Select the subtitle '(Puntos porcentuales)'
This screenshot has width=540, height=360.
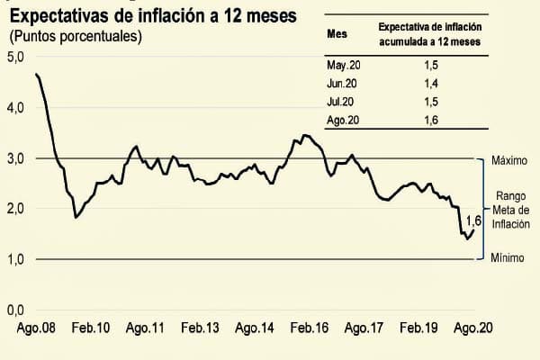tap(76, 37)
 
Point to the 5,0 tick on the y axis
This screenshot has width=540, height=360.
tap(15, 57)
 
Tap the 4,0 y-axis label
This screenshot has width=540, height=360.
tap(15, 108)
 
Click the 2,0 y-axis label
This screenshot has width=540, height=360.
tap(15, 209)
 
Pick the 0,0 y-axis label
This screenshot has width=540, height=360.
tap(15, 310)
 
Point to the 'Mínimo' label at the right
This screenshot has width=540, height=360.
tap(508, 258)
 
